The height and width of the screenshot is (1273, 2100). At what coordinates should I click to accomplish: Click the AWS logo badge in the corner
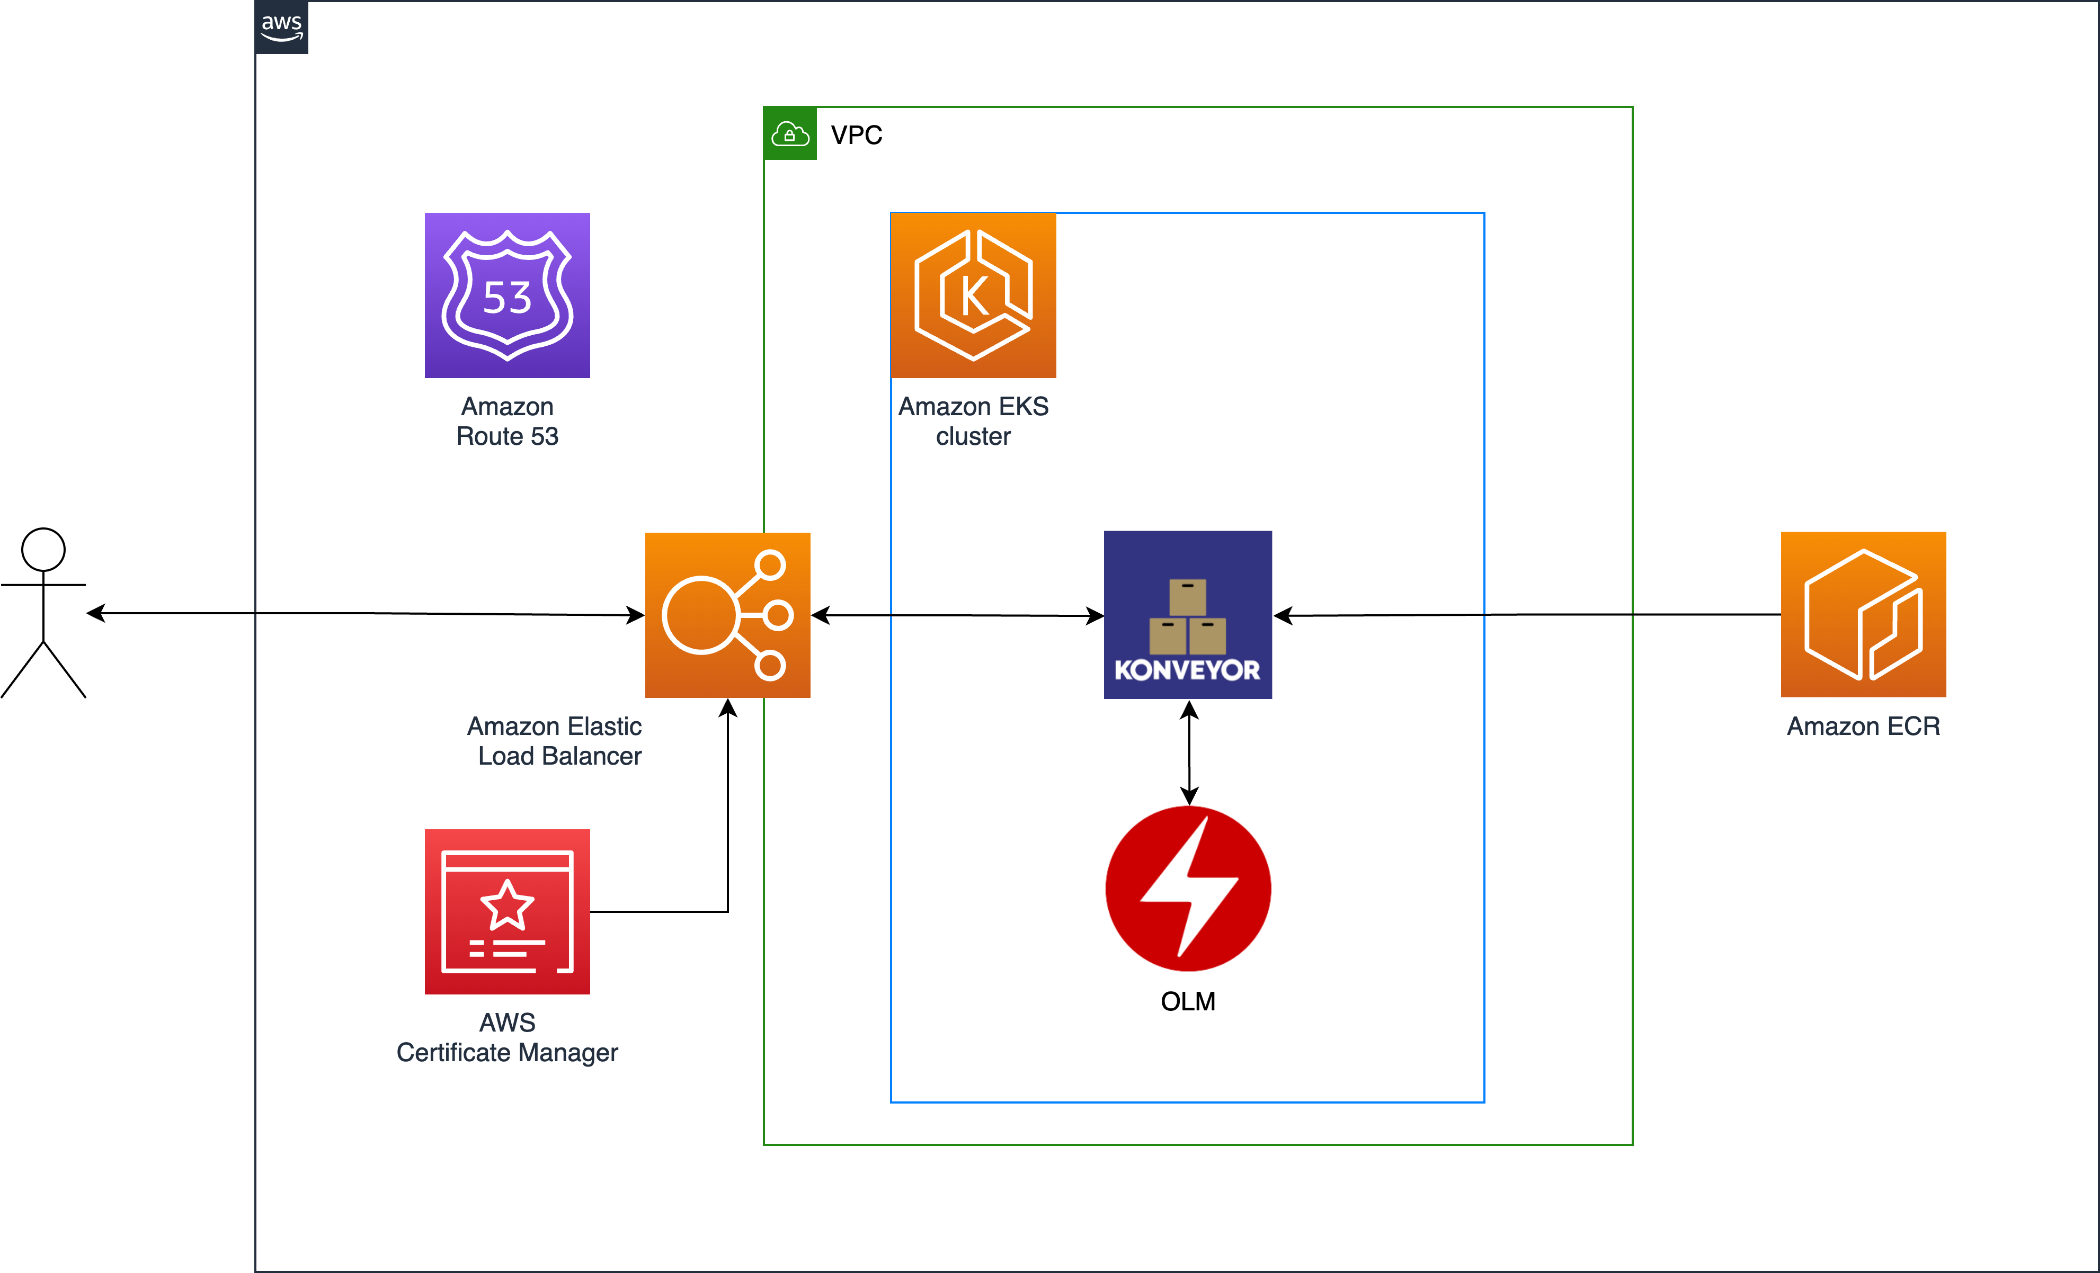point(281,26)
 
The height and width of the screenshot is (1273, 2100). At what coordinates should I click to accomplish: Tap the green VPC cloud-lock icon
point(789,134)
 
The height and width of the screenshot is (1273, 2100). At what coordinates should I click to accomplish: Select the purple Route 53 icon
point(507,295)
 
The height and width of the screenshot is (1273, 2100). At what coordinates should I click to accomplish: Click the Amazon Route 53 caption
point(507,421)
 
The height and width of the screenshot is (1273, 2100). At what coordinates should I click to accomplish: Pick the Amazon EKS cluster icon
point(973,295)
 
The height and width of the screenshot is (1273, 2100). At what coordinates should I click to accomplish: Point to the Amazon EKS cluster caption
point(973,421)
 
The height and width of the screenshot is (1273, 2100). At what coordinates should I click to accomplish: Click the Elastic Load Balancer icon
point(727,614)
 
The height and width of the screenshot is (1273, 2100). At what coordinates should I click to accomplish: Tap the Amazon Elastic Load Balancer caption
point(556,740)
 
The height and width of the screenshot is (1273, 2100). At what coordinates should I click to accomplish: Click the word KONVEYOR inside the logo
point(1187,670)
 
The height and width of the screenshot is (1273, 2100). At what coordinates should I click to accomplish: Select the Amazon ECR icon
point(1863,614)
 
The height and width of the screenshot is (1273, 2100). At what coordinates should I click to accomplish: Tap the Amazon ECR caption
point(1863,726)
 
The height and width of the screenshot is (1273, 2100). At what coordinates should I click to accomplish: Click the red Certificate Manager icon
point(507,911)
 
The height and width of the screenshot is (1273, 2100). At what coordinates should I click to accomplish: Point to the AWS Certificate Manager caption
point(507,1037)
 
